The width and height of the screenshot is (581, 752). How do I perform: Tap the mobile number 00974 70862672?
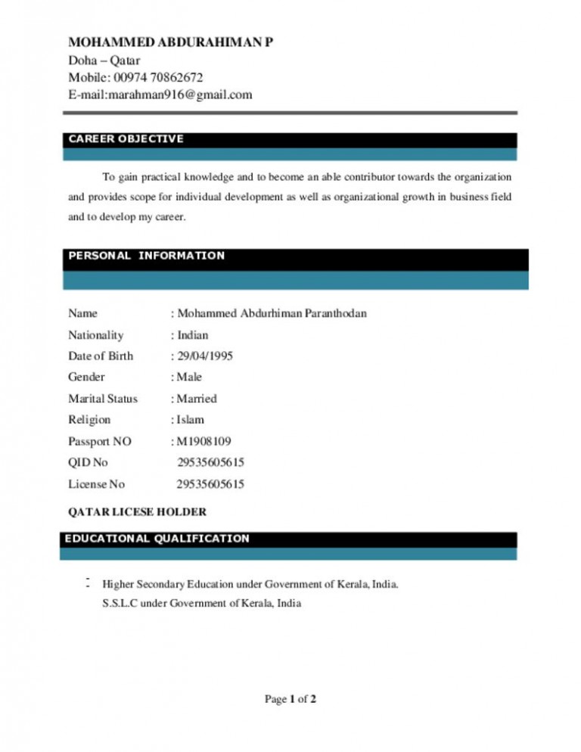click(157, 77)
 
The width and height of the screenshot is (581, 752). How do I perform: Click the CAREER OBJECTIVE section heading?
click(126, 139)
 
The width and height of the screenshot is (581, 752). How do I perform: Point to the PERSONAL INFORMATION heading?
click(147, 256)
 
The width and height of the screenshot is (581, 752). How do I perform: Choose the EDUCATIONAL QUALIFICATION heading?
click(157, 539)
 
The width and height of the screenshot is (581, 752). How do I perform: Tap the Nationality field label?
click(95, 334)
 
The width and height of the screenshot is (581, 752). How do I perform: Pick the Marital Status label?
click(103, 398)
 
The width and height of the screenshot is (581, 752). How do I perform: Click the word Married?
click(197, 398)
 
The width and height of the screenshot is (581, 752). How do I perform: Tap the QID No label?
click(88, 462)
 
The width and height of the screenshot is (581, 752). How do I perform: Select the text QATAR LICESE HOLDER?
click(137, 512)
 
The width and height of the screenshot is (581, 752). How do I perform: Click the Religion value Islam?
click(191, 419)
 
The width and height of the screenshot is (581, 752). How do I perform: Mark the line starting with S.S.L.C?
click(201, 603)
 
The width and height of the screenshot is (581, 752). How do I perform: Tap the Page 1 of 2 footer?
click(290, 699)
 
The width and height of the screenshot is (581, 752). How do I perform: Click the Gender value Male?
click(189, 377)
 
